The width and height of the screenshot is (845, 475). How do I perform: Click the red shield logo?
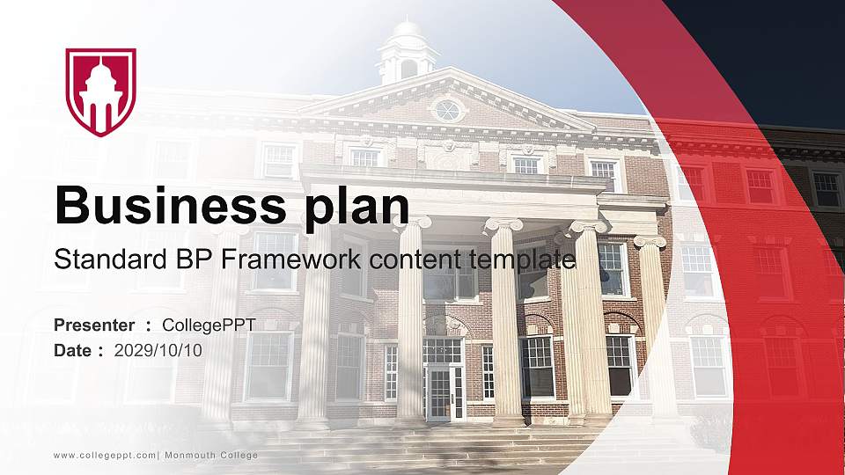101,91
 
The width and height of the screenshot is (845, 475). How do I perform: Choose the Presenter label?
94,325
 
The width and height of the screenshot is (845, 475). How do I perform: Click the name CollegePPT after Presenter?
209,325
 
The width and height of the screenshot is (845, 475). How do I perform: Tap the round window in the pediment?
448,110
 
